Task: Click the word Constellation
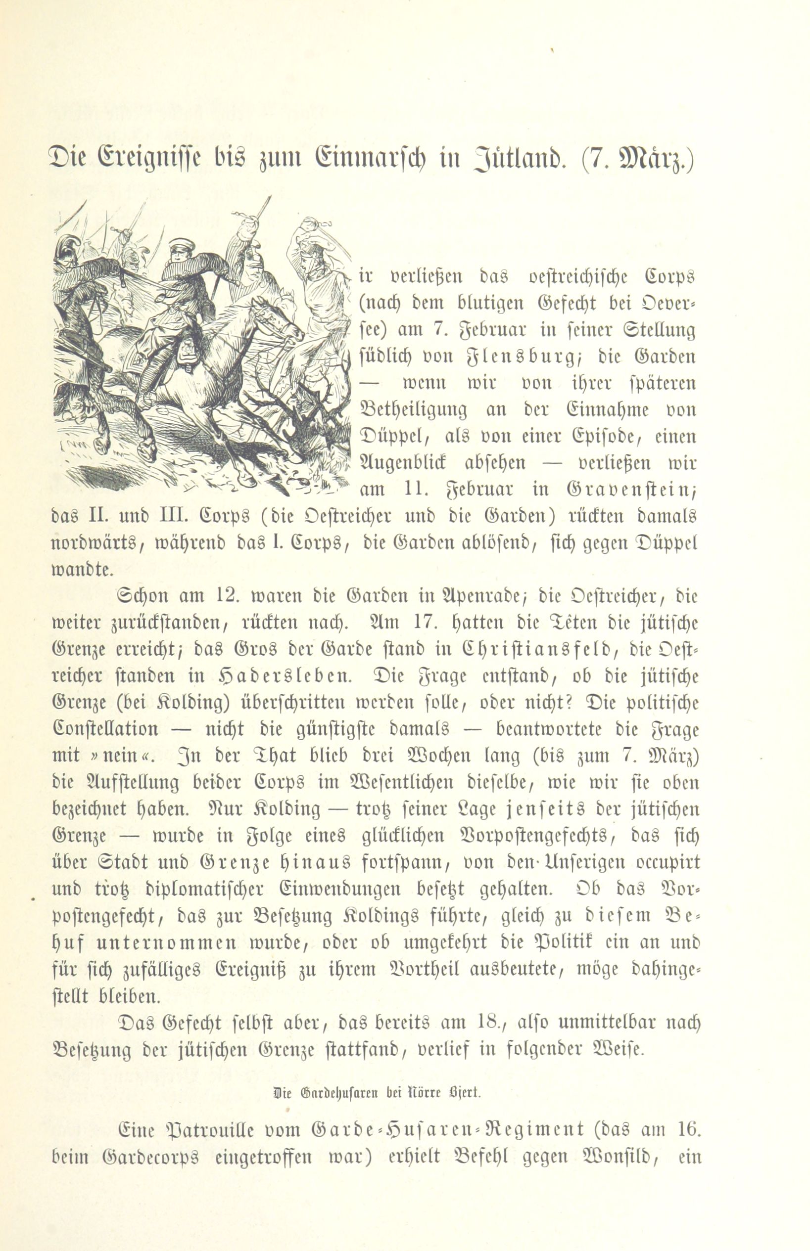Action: pyautogui.click(x=105, y=729)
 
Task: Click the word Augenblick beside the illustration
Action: pyautogui.click(x=402, y=464)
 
